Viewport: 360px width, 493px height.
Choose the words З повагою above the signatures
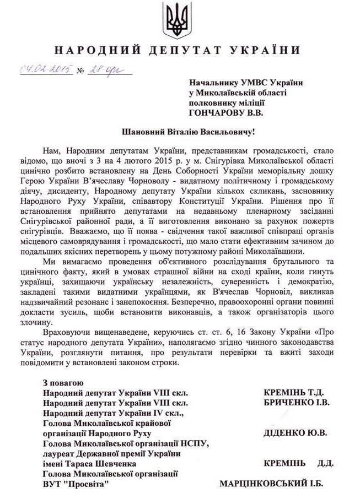tap(63, 383)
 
